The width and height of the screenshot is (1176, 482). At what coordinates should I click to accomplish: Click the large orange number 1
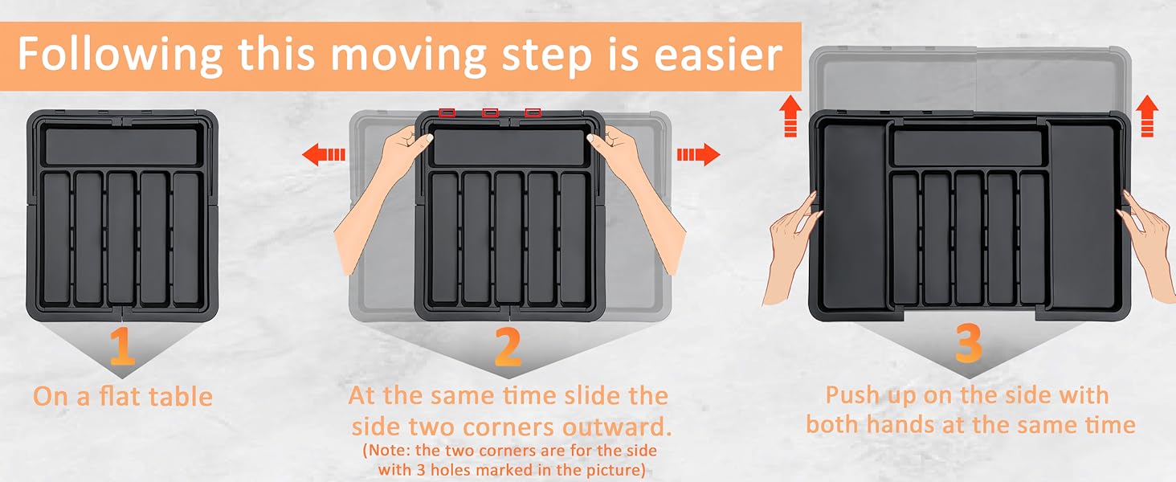[x=122, y=345]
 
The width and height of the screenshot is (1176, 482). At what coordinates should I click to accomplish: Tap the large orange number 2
[x=508, y=346]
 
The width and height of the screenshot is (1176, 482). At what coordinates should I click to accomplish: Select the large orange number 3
[x=969, y=343]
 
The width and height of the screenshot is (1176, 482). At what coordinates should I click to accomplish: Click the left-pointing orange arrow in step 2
[x=324, y=155]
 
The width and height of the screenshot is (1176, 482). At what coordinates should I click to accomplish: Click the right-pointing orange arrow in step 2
[x=698, y=155]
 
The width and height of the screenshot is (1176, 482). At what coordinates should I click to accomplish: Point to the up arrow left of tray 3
[x=790, y=116]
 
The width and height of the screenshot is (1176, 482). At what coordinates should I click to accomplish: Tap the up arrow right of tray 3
[x=1147, y=116]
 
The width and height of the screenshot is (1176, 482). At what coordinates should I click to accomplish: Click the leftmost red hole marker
[x=447, y=112]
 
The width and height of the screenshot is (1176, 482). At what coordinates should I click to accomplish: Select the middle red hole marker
[x=490, y=112]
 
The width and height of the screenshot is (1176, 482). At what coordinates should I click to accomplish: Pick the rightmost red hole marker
[x=533, y=112]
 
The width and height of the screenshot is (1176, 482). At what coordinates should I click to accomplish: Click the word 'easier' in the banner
[x=718, y=55]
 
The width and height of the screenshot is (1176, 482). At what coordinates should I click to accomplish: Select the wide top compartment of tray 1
[x=122, y=146]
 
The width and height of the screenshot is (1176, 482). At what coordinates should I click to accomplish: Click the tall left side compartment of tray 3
[x=854, y=216]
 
